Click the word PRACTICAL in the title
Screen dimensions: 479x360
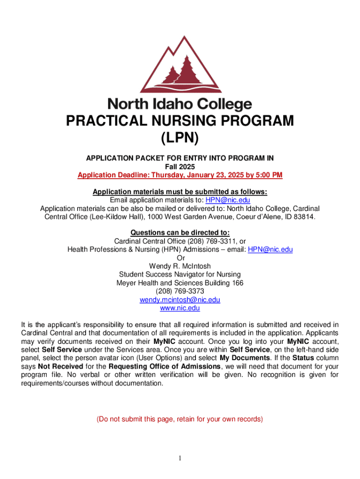click(x=104, y=121)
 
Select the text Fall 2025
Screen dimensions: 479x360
click(x=180, y=167)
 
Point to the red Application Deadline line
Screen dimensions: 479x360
click(x=180, y=175)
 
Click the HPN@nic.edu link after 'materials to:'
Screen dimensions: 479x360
click(x=231, y=200)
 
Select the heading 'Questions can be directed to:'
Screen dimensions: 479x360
click(x=180, y=232)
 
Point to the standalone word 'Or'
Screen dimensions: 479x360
click(x=180, y=258)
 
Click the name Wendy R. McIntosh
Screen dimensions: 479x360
click(x=180, y=266)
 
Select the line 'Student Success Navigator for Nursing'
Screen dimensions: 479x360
click(x=180, y=275)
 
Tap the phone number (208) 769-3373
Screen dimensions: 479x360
click(x=180, y=291)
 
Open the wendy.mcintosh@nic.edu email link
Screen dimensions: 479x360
click(x=180, y=300)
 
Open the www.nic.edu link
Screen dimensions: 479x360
click(x=180, y=308)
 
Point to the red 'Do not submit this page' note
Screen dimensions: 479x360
click(x=180, y=419)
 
